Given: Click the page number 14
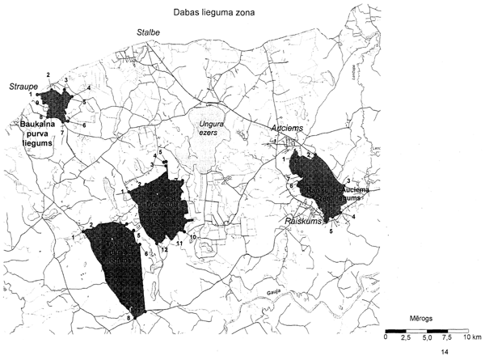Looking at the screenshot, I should [x=444, y=354].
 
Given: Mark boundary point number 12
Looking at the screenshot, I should [x=164, y=250].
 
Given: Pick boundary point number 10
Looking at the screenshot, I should [x=193, y=237].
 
